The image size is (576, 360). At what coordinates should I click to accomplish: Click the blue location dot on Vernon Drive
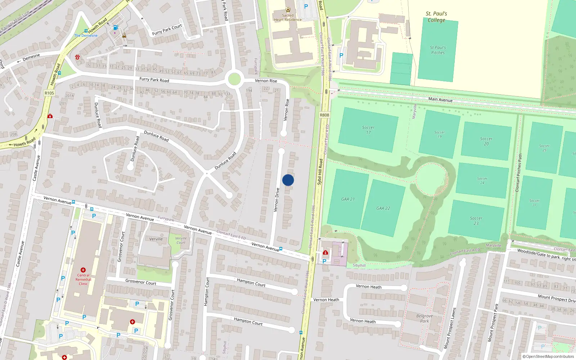288,180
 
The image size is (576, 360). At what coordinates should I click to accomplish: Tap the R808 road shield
324,115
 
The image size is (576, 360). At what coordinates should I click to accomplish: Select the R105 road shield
49,93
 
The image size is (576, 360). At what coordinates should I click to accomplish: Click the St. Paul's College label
436,17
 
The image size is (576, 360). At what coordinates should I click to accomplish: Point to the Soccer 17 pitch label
368,130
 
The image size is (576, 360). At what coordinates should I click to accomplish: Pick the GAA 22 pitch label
383,208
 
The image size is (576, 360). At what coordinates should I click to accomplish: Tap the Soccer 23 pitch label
476,221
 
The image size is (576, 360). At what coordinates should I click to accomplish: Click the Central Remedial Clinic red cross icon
83,270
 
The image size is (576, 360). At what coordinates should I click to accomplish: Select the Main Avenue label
440,100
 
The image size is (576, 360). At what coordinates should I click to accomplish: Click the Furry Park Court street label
167,30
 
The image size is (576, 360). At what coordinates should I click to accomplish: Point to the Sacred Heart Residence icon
288,10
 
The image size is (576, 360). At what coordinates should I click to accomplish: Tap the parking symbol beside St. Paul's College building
341,55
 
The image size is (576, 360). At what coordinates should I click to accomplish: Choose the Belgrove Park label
424,318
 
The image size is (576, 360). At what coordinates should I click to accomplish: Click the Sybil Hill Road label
320,172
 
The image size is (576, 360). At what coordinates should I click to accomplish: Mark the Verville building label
156,239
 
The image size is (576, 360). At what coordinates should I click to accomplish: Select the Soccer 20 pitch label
486,141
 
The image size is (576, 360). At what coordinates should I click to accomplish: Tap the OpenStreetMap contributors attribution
548,356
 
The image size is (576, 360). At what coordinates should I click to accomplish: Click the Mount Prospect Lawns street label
450,328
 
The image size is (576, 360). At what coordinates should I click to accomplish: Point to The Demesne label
86,36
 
